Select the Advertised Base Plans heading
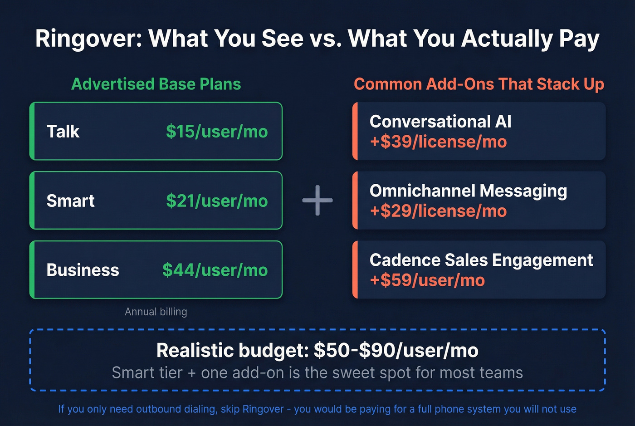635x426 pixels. pyautogui.click(x=156, y=84)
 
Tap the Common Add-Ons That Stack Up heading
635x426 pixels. pyautogui.click(x=479, y=84)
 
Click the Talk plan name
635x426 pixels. pyautogui.click(x=63, y=132)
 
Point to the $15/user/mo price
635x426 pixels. pyautogui.click(x=217, y=132)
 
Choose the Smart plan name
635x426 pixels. pyautogui.click(x=70, y=201)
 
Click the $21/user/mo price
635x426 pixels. pyautogui.click(x=217, y=201)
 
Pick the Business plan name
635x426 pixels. pyautogui.click(x=83, y=270)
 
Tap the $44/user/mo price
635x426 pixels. pyautogui.click(x=215, y=270)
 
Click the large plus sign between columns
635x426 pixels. pyautogui.click(x=317, y=200)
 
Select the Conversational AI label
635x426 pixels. pyautogui.click(x=440, y=122)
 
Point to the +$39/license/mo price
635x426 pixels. pyautogui.click(x=438, y=142)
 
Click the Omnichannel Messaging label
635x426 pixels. pyautogui.click(x=468, y=191)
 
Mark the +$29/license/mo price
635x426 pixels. pyautogui.click(x=438, y=211)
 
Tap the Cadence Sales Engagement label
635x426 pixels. pyautogui.click(x=481, y=260)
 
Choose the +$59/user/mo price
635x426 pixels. pyautogui.click(x=427, y=280)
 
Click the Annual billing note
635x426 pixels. pyautogui.click(x=156, y=312)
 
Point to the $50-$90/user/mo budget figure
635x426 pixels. pyautogui.click(x=396, y=351)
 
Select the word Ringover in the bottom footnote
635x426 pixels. pyautogui.click(x=263, y=409)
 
